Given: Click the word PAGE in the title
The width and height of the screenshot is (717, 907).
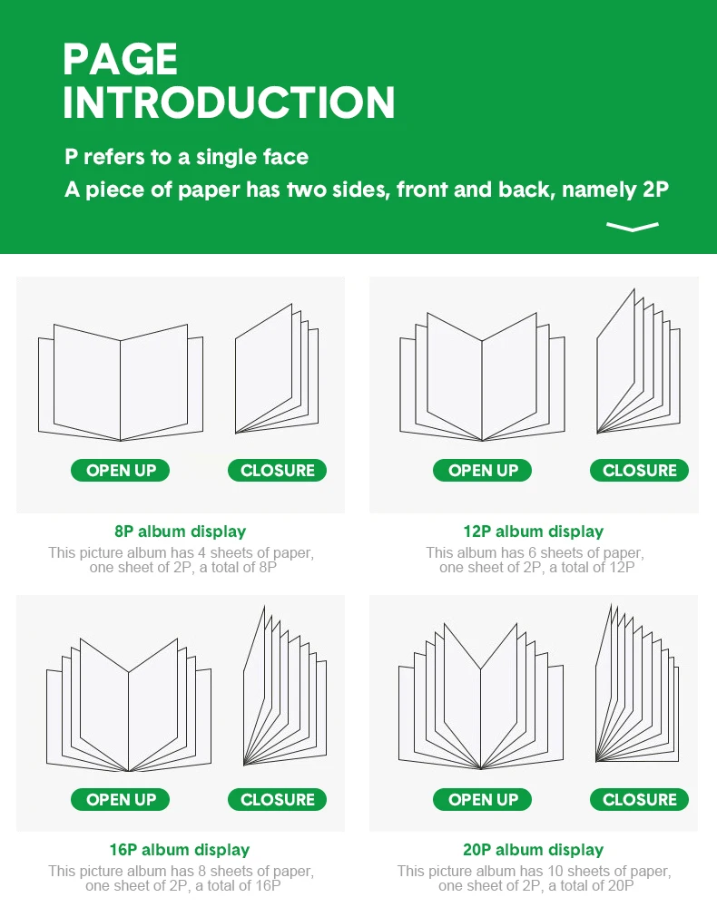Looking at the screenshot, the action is click(x=120, y=59).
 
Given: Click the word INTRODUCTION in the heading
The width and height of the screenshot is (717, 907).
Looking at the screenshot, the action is click(x=229, y=102).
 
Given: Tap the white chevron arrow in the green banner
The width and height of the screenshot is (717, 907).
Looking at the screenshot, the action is click(x=633, y=226).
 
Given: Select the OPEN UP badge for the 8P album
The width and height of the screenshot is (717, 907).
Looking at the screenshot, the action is click(x=121, y=470).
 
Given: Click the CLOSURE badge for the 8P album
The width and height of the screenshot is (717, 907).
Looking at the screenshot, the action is click(x=277, y=470).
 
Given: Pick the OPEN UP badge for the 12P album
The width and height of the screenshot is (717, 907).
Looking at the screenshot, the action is click(x=483, y=470).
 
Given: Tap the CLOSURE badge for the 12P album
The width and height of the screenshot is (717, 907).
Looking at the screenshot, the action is click(x=640, y=470).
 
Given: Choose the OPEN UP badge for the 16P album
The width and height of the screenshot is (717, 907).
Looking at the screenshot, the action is click(x=121, y=799).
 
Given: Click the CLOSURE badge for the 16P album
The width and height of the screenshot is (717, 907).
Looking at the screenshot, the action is click(x=277, y=799).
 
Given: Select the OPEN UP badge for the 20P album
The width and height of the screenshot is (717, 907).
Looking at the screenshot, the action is click(x=483, y=799).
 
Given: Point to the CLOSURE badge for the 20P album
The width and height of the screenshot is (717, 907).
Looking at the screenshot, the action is click(x=640, y=799).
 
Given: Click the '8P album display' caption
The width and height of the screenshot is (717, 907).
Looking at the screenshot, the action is click(x=180, y=531).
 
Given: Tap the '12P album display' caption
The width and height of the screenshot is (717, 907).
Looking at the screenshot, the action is click(x=533, y=531).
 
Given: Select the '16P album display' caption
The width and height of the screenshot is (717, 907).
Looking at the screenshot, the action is click(x=180, y=850).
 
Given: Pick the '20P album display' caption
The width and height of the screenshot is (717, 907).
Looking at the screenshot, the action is click(x=533, y=850).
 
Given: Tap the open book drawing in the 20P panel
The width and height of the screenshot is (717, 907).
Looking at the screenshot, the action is click(x=481, y=723).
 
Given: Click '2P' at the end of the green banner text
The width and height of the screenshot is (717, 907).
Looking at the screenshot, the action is click(x=655, y=190).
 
